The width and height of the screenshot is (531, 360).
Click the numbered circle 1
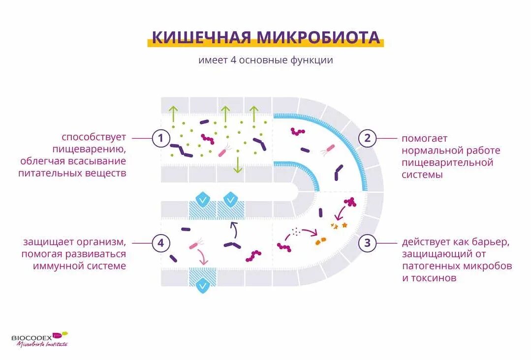point(160,138)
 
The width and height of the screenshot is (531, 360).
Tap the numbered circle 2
point(367,138)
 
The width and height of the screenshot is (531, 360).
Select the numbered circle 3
point(367,242)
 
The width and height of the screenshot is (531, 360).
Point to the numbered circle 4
point(160,242)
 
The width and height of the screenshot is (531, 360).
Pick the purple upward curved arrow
point(233,228)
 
